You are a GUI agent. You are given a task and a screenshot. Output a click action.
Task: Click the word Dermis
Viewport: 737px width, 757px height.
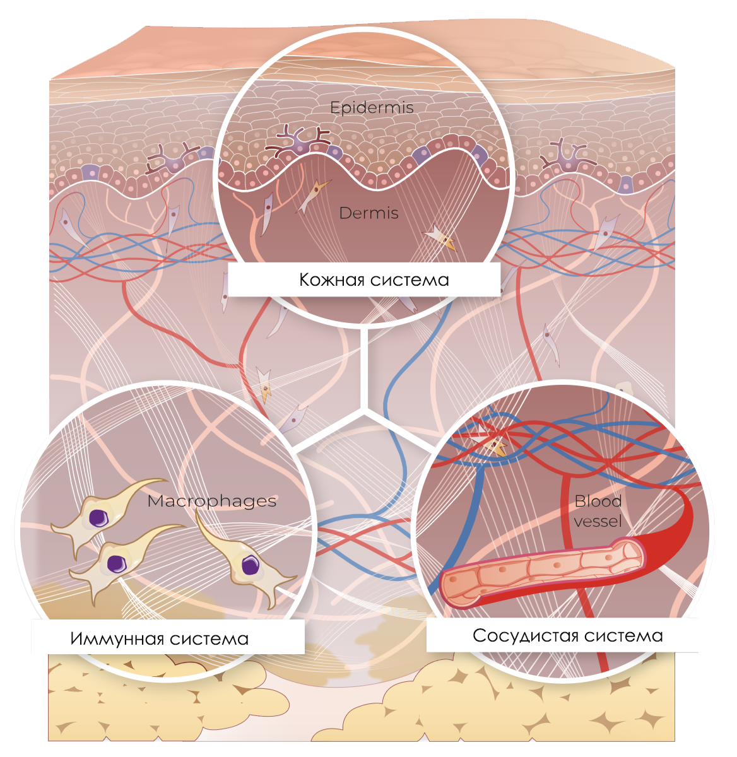(x=369, y=213)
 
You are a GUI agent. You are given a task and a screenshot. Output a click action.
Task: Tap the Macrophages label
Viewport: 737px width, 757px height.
(x=211, y=501)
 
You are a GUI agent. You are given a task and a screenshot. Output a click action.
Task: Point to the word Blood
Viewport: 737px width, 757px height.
(x=598, y=502)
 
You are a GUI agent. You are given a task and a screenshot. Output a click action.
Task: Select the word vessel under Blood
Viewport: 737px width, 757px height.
(x=598, y=521)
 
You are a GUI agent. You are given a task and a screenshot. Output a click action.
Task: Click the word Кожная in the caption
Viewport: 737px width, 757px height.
(x=332, y=279)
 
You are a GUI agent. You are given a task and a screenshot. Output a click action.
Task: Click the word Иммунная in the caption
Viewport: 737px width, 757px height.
(x=112, y=638)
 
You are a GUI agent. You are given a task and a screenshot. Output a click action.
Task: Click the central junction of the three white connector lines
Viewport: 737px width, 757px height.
(x=363, y=410)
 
